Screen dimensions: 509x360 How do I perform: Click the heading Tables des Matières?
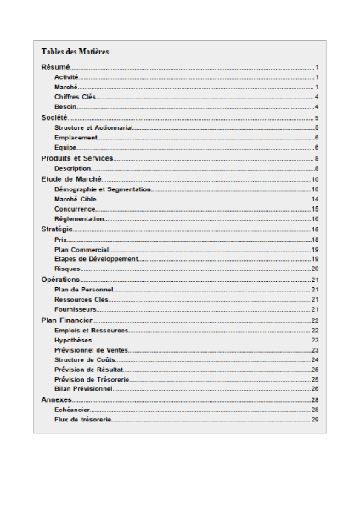(x=75, y=52)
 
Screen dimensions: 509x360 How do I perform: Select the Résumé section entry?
(x=55, y=66)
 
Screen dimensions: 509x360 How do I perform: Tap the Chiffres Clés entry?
(x=76, y=97)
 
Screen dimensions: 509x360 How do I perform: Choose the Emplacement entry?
(x=76, y=138)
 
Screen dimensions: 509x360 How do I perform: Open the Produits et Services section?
(x=77, y=158)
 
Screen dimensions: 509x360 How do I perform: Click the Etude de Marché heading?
(x=72, y=179)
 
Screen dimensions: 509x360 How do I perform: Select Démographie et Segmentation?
(x=102, y=189)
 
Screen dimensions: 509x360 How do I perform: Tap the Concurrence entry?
(x=75, y=209)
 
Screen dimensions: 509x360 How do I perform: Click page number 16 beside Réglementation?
(x=314, y=219)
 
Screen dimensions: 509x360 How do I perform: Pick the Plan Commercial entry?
(x=81, y=250)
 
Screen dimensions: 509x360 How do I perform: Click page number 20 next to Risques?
(x=314, y=269)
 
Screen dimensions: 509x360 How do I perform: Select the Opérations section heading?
(x=60, y=280)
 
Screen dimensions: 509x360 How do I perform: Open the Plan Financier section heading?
(x=67, y=320)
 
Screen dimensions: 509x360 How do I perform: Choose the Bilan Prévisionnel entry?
(x=83, y=388)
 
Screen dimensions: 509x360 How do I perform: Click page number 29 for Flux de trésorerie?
(x=314, y=420)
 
